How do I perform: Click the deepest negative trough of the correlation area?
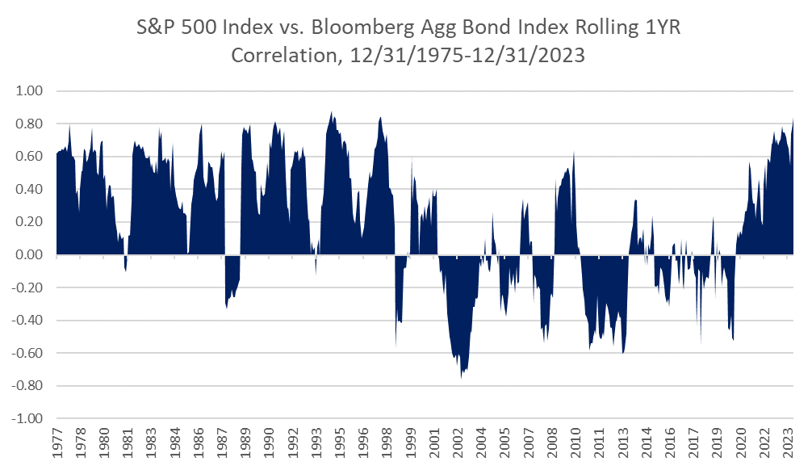(462, 378)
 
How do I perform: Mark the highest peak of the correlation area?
(331, 112)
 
